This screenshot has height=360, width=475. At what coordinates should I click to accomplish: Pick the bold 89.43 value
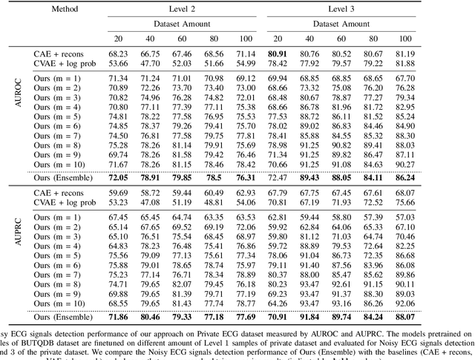click(x=307, y=178)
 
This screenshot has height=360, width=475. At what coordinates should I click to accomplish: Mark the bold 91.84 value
click(x=307, y=317)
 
